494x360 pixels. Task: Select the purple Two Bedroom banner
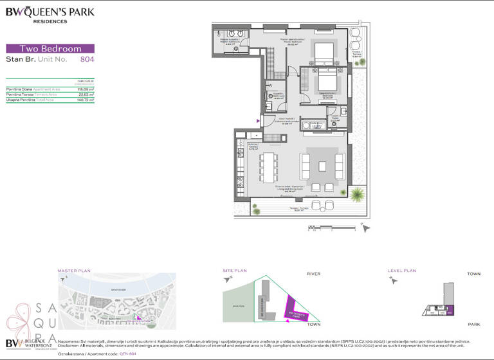point(50,48)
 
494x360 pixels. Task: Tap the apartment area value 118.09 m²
point(86,88)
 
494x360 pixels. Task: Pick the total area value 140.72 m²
point(86,100)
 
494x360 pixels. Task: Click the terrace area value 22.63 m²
point(86,94)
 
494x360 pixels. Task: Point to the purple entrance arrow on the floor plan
point(259,120)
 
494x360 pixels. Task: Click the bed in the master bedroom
point(325,50)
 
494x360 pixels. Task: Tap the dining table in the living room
point(268,166)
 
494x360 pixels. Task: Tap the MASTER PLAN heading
point(72,271)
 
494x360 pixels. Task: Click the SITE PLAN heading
point(235,271)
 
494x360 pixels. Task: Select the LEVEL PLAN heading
point(402,271)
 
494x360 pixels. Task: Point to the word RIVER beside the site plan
point(313,274)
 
